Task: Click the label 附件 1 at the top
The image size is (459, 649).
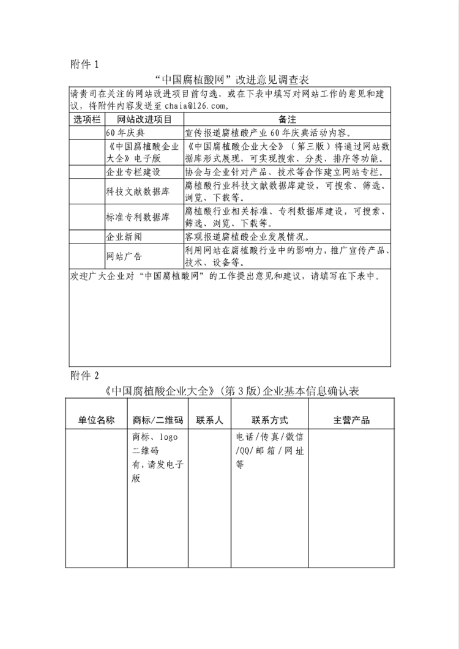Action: tap(84, 64)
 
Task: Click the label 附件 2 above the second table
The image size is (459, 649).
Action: tap(84, 375)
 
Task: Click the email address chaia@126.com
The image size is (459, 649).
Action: tap(196, 106)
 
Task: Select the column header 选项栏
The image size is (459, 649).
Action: tap(87, 119)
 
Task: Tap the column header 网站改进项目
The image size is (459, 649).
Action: tap(144, 119)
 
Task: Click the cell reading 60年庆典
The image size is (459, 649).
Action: tap(125, 132)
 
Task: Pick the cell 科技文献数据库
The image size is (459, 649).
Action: tap(137, 191)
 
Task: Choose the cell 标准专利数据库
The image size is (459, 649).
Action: tap(137, 217)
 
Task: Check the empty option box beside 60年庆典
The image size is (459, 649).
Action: tap(87, 132)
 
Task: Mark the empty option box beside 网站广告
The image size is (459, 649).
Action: tap(87, 256)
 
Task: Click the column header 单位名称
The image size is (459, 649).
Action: tap(96, 420)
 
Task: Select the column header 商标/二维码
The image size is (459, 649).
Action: tap(158, 420)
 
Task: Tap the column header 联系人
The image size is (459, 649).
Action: tap(209, 420)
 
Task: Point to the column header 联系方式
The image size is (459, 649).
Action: tap(269, 420)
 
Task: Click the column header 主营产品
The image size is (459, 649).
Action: tap(351, 420)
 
